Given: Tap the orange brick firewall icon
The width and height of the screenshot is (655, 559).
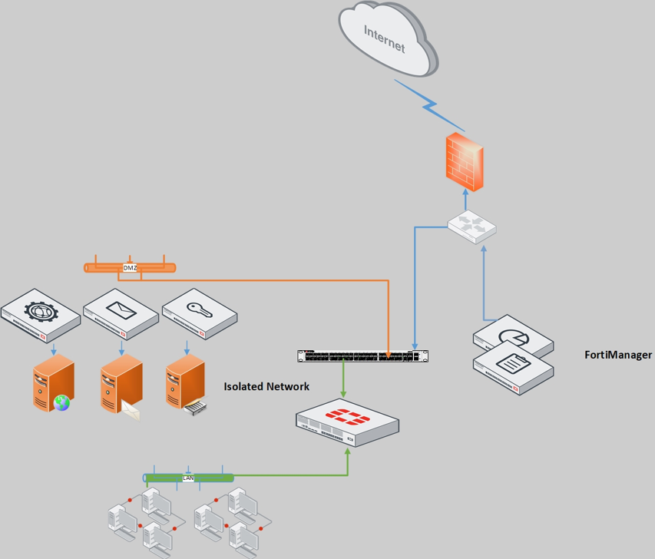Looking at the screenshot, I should [465, 161].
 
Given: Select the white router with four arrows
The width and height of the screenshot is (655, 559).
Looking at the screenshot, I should [472, 227].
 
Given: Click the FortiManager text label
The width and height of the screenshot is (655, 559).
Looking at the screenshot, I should [618, 355].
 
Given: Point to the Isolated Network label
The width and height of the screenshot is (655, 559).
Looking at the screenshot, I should [266, 387].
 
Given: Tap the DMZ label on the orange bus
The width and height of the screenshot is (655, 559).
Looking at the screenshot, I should [130, 268].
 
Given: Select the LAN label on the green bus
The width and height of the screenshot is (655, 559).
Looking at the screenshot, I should [188, 478].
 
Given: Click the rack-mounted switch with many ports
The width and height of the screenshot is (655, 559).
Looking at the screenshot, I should [362, 356].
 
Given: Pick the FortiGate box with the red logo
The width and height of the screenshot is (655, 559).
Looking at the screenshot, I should [347, 422].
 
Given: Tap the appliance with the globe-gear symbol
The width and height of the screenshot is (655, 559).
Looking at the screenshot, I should [40, 313].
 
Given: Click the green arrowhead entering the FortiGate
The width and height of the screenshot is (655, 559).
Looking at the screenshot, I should [348, 452].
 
